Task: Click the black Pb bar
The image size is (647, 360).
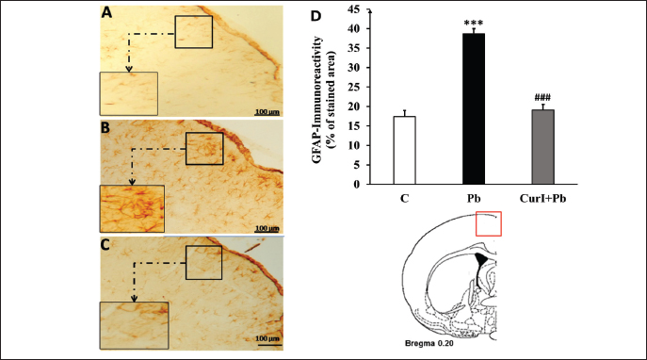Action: point(474,108)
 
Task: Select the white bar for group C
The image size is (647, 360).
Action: point(404,150)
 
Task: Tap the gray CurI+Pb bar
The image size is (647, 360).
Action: point(542,147)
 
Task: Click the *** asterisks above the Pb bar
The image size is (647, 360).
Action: point(474,24)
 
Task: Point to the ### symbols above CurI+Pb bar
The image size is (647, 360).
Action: point(542,98)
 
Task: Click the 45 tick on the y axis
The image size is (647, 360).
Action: point(353,9)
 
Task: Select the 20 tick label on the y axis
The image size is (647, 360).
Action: point(353,106)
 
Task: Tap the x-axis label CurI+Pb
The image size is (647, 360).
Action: point(542,199)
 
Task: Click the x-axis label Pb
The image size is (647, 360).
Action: point(474,199)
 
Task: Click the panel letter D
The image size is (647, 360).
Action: point(315,16)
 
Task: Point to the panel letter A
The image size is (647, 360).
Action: point(106,13)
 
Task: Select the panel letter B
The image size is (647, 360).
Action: point(105,128)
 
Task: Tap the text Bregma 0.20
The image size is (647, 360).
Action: point(429,343)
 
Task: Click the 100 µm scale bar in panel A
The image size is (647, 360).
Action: point(267,114)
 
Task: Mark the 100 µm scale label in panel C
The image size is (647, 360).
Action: point(267,338)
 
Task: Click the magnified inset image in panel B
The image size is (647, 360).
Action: point(132,209)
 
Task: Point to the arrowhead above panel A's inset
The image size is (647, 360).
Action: point(129,69)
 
